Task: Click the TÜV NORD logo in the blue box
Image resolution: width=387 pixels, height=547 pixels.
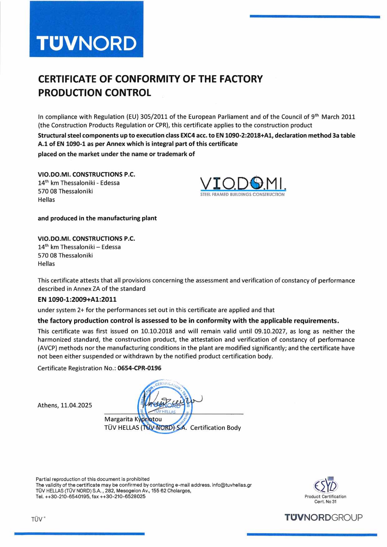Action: [86, 43]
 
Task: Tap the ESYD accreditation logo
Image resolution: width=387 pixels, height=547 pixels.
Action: [325, 486]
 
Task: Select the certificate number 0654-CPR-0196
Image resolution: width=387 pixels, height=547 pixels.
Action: [140, 368]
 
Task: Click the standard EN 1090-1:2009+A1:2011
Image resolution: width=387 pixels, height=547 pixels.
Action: [77, 299]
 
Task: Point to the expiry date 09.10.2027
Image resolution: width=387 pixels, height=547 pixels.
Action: [270, 331]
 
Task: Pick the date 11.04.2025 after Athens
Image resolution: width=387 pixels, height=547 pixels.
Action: [76, 405]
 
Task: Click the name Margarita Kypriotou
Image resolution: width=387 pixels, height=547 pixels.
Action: [133, 419]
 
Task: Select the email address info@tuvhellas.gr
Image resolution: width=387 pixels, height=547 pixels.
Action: [232, 485]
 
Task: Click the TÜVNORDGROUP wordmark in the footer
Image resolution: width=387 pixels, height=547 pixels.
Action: [324, 517]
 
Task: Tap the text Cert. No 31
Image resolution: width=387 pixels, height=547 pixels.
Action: [325, 501]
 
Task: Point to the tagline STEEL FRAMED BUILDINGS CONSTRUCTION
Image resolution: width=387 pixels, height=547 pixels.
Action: [242, 194]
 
